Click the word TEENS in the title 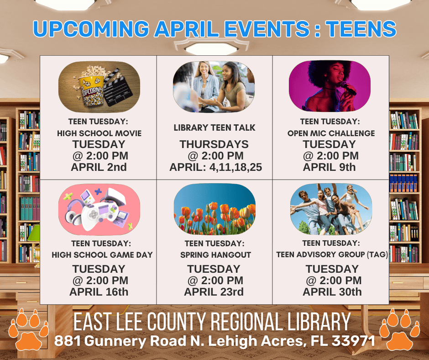point(361,29)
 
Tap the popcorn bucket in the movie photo point(91,90)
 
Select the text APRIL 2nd point(99,167)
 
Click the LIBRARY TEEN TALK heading point(214,127)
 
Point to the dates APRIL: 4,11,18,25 point(215,167)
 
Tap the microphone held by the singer point(348,88)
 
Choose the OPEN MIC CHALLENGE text point(331,133)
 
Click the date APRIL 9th point(329,167)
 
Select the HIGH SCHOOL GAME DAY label point(102,255)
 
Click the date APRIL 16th point(99,292)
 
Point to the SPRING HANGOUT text point(215,255)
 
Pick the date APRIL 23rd point(214,292)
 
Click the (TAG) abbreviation point(377,254)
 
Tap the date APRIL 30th point(332,292)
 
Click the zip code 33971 point(353,341)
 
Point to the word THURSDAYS point(214,144)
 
